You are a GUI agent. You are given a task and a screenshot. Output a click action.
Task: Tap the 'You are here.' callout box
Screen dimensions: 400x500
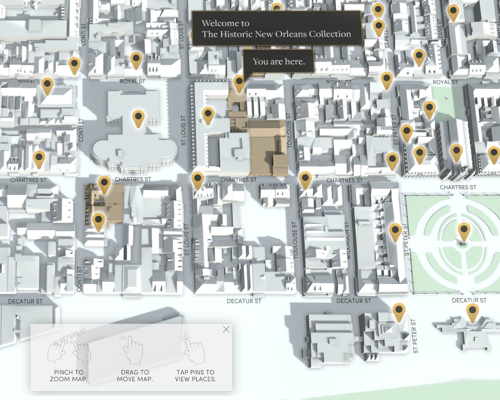[x=278, y=61]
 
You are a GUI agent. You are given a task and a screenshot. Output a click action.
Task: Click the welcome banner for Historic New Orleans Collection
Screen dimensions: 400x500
[x=276, y=28]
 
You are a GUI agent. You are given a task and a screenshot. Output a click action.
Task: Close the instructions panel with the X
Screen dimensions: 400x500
[x=226, y=329]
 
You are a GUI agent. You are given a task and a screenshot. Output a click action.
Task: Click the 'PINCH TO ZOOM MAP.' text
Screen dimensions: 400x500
[x=69, y=376]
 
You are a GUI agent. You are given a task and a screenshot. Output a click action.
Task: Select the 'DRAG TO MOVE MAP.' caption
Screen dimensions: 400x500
[x=135, y=376]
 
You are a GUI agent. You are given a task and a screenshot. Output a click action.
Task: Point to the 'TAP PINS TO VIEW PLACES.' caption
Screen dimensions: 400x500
[x=195, y=376]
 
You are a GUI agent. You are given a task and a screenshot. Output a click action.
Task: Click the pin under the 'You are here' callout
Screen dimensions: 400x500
[x=239, y=82]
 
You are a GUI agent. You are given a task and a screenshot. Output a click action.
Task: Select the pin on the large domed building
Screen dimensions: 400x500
[x=138, y=117]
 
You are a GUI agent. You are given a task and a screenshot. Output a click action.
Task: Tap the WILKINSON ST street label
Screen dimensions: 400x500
[x=348, y=241]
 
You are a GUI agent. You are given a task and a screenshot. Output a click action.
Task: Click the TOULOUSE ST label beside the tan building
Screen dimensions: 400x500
[x=289, y=130]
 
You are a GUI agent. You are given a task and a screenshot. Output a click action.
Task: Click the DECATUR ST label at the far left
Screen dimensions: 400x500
[x=25, y=301]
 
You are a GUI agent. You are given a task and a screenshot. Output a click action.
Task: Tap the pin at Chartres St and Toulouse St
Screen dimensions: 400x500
[x=305, y=179]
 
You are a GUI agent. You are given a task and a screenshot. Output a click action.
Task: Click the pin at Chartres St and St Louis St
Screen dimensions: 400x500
[x=197, y=179]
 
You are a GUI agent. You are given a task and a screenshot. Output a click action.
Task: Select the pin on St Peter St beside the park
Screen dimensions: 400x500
[x=395, y=231]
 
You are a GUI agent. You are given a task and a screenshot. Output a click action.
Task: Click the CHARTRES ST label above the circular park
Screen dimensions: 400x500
[x=458, y=187]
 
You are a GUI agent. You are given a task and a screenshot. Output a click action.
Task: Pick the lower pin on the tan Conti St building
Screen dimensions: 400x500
[x=98, y=220]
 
